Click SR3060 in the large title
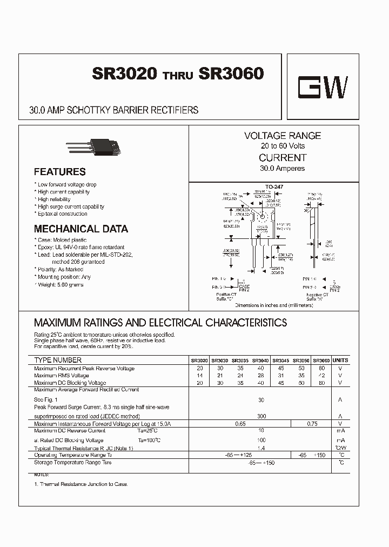(x=231, y=74)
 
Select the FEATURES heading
(x=59, y=172)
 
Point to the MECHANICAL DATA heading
(x=81, y=229)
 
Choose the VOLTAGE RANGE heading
(x=282, y=136)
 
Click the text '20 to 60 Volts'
(x=283, y=146)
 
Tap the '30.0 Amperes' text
(x=282, y=168)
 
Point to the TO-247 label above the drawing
(x=274, y=186)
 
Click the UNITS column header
(x=340, y=360)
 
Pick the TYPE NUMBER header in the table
(x=58, y=360)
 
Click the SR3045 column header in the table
(x=280, y=361)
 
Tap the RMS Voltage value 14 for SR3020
(x=200, y=375)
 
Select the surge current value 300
(x=261, y=417)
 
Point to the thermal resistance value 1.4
(x=261, y=449)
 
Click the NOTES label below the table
(x=42, y=473)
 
